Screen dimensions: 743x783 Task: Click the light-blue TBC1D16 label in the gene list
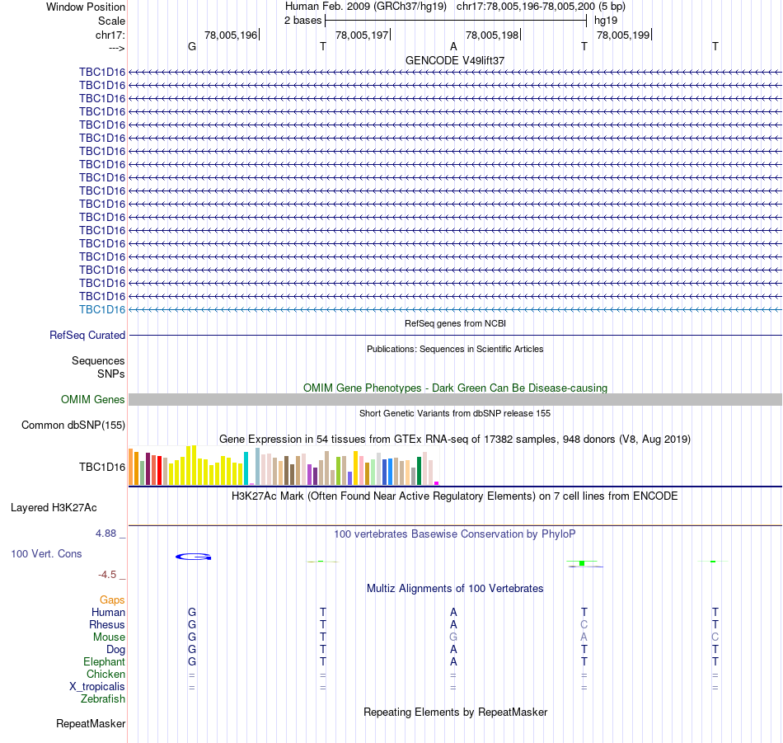tap(102, 309)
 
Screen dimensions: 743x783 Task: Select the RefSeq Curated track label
tap(87, 336)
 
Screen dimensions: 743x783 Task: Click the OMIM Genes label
tap(93, 400)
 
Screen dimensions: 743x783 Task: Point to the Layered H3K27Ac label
tap(68, 508)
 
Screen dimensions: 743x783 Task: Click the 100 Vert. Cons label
tap(46, 554)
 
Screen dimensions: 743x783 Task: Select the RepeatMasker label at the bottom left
tap(91, 724)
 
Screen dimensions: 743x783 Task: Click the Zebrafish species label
tap(103, 699)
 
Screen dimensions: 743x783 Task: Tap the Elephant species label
tap(104, 662)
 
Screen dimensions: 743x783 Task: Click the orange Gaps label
tap(112, 600)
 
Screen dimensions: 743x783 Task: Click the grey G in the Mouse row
tap(452, 637)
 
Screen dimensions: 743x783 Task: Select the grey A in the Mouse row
tap(584, 637)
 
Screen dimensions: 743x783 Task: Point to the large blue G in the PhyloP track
tap(194, 557)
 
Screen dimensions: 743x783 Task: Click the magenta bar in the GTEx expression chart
tap(436, 483)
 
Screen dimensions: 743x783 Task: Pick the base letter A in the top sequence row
tap(453, 46)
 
